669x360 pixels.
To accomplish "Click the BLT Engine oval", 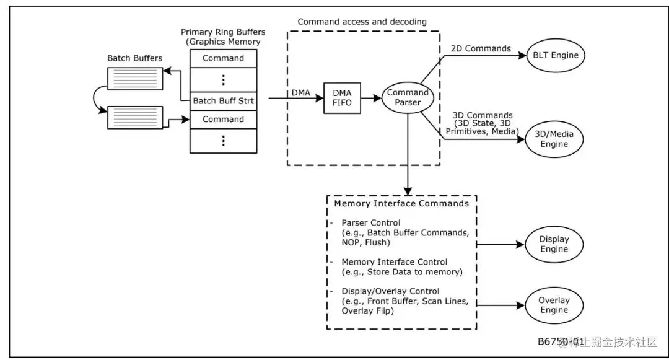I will pos(556,55).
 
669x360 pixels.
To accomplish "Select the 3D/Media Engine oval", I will pos(554,139).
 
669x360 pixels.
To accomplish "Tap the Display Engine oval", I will pos(554,244).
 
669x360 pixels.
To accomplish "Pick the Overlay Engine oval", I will pos(554,305).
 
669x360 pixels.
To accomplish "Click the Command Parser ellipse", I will pos(408,98).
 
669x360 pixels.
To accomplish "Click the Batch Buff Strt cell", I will pos(223,100).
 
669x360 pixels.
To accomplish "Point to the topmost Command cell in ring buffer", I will pos(223,58).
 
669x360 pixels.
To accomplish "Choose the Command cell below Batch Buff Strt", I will pos(223,119).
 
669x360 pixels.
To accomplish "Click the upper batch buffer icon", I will pos(135,78).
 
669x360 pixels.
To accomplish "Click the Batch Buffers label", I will pos(134,58).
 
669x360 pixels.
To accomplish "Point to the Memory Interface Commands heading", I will pos(401,203).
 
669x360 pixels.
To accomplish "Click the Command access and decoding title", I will pos(362,22).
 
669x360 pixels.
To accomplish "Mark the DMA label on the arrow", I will pos(301,92).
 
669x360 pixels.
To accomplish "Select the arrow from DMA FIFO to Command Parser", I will pos(370,98).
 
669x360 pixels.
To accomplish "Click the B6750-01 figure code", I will pos(560,341).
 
